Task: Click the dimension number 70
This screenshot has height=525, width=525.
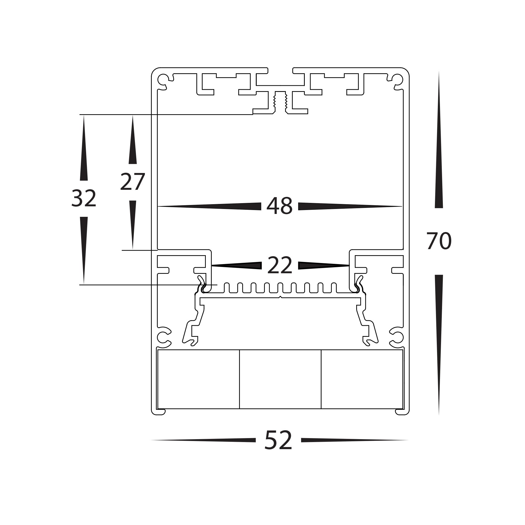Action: [x=439, y=241]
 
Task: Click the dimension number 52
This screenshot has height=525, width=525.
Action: [x=278, y=440]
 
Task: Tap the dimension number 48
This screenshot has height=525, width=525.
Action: [x=279, y=206]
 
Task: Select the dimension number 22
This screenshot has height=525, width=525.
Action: [x=280, y=265]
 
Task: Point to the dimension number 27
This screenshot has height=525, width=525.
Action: [x=132, y=182]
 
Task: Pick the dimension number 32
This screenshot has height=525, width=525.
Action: [x=84, y=198]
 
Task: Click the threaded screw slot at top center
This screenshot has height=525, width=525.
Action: [x=280, y=102]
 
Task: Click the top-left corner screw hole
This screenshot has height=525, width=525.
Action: [x=163, y=80]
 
